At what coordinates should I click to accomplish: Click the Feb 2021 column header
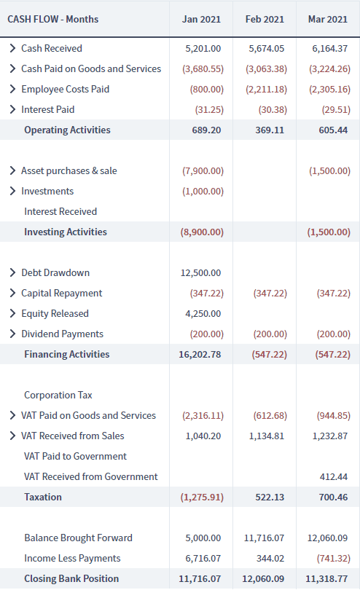click(x=265, y=19)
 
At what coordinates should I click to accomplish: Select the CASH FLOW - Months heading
click(x=53, y=19)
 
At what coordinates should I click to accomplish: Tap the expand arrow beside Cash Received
click(x=12, y=48)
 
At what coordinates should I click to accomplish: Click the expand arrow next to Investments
click(x=12, y=191)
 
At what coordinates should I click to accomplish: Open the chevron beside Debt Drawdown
click(x=12, y=272)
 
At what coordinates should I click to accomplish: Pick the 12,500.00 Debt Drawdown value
click(x=200, y=273)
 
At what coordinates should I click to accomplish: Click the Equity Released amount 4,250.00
click(x=203, y=313)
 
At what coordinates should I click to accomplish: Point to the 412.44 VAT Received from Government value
click(x=334, y=477)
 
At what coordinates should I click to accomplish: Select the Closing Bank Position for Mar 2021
click(x=326, y=579)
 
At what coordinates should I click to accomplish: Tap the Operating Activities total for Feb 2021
click(x=270, y=130)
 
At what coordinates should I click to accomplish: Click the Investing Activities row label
click(x=66, y=232)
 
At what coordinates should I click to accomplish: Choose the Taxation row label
click(x=43, y=497)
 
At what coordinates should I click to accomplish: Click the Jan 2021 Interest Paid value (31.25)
click(x=209, y=109)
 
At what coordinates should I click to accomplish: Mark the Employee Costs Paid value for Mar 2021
click(x=330, y=89)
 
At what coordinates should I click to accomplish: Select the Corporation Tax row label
click(x=58, y=395)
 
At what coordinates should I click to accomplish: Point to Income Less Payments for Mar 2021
click(x=334, y=559)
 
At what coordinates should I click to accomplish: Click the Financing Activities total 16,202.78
click(x=200, y=355)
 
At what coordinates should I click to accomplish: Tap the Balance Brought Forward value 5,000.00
click(x=203, y=538)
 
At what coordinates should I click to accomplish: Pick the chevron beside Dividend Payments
click(x=12, y=334)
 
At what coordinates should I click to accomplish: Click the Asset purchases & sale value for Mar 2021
click(x=330, y=171)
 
